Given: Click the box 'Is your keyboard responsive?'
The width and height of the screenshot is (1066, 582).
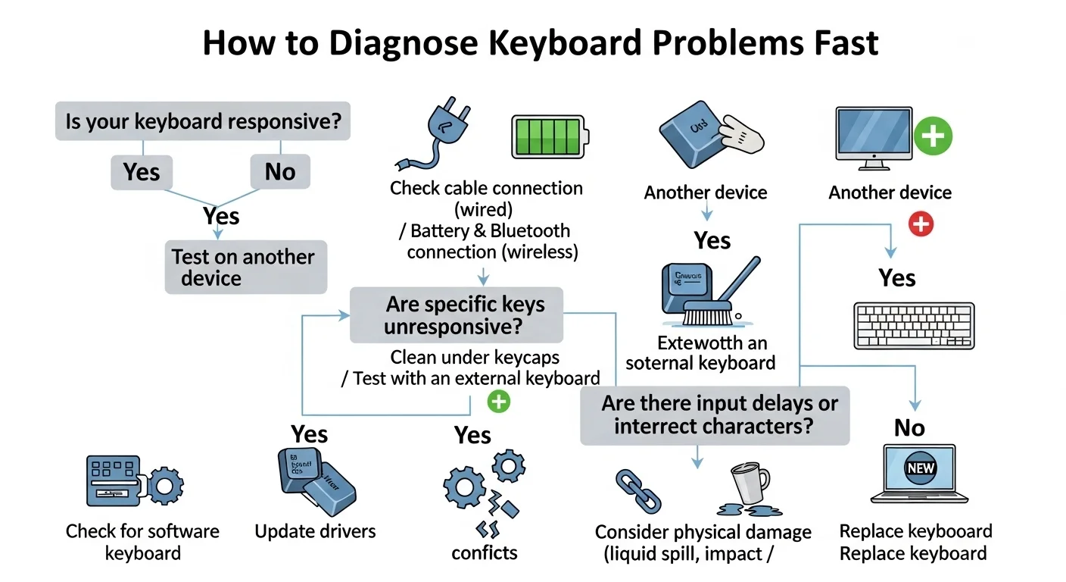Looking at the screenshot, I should [203, 121].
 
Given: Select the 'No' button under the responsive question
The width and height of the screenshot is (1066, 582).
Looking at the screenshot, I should [279, 172].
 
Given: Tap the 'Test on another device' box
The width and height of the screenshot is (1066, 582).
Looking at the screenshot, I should [245, 268].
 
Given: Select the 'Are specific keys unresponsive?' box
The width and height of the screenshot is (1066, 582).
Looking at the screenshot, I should [457, 315].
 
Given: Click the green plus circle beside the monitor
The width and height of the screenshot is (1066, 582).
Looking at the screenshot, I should [933, 137].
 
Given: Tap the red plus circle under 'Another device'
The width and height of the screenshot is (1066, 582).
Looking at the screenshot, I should [921, 224].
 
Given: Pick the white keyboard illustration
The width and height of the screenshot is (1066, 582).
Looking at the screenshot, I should [914, 326].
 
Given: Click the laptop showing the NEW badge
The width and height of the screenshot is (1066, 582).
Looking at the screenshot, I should [919, 474].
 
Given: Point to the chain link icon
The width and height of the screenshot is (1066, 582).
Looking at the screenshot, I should [637, 490].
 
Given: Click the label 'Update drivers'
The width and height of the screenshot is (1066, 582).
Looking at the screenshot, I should [315, 531].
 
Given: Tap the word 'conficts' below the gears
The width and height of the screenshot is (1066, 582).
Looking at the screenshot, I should [485, 552].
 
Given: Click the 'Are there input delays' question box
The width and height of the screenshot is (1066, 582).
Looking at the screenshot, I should [715, 415].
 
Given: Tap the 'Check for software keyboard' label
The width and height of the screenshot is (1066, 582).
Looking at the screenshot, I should [142, 541].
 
